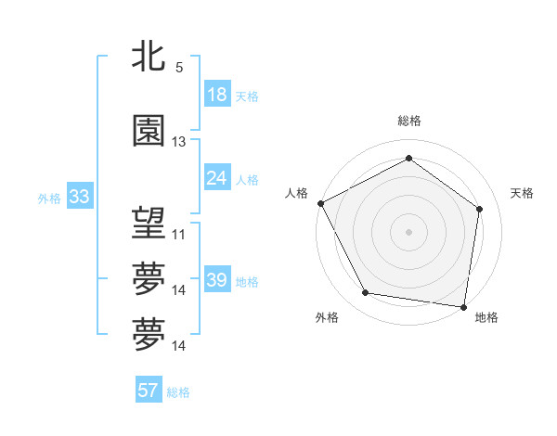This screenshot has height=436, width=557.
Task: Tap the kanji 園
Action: [149, 131]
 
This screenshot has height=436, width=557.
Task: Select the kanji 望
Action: [149, 223]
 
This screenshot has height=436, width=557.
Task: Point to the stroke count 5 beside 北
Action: [179, 68]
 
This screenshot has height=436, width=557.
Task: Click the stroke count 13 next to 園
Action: [179, 142]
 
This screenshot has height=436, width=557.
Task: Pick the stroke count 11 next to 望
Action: [179, 235]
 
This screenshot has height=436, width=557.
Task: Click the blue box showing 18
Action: [217, 95]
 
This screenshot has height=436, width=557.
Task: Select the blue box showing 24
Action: [217, 178]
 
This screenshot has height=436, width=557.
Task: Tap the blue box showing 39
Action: [217, 280]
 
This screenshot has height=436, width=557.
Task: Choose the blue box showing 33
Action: [79, 197]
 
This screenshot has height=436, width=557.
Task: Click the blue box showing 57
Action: [148, 391]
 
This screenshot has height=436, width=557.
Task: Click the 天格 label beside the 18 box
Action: [247, 96]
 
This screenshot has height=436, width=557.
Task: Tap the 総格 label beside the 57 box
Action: [178, 392]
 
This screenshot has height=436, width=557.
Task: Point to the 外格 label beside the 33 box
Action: [49, 198]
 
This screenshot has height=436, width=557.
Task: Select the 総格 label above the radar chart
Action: [409, 121]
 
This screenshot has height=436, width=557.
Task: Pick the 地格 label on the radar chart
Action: [486, 317]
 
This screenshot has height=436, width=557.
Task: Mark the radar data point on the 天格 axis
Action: [480, 209]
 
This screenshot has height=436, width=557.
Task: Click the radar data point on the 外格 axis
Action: [366, 293]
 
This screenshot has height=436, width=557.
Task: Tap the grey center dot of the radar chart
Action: [408, 231]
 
